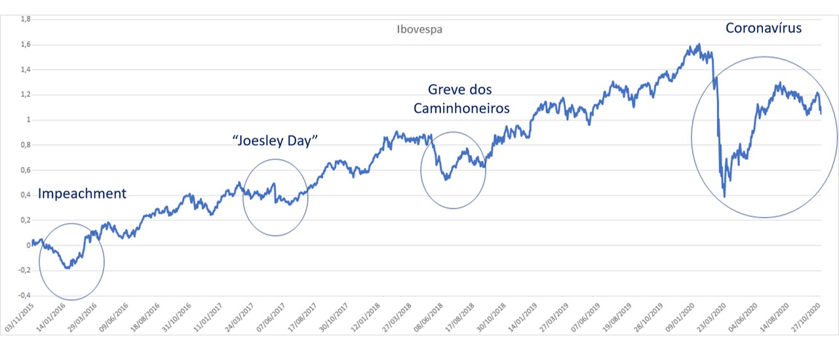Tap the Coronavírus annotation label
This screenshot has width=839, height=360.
(763, 28)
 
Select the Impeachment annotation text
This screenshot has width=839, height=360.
(82, 193)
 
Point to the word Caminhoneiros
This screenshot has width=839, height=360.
(461, 108)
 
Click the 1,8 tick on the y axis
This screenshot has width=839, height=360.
(26, 20)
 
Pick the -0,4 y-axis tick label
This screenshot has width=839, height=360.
(24, 295)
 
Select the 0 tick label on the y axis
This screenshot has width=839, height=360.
(29, 245)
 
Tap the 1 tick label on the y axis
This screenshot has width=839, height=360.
(29, 120)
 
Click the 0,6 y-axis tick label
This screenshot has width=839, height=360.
(26, 170)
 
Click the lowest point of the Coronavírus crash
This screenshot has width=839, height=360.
(724, 196)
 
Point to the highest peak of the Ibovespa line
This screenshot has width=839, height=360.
(699, 44)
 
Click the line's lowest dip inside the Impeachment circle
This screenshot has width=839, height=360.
(67, 268)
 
